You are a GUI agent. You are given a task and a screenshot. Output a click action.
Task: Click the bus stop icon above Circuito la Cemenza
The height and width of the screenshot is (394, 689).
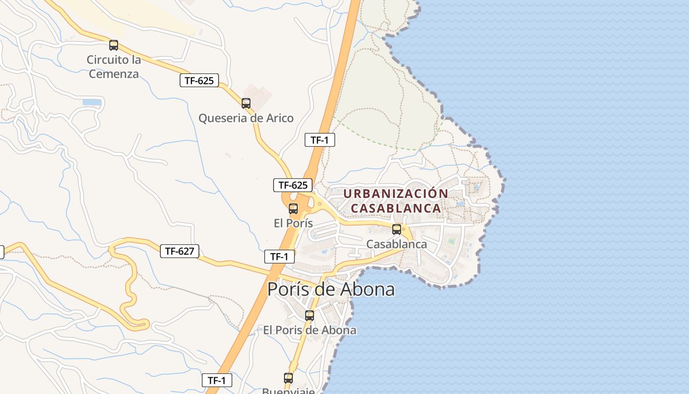pyautogui.click(x=114, y=46)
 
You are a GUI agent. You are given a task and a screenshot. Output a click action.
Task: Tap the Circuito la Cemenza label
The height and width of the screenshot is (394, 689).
pyautogui.click(x=114, y=67)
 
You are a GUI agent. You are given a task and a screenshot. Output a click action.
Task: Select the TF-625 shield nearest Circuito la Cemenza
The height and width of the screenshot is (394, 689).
pyautogui.click(x=199, y=81)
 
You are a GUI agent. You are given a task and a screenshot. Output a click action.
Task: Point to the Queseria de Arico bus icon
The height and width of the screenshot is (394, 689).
pyautogui.click(x=246, y=103)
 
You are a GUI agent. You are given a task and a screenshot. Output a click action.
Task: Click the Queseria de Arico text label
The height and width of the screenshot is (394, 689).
pyautogui.click(x=246, y=118)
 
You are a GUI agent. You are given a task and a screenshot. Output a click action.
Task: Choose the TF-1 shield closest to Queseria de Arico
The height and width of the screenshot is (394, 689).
pyautogui.click(x=320, y=140)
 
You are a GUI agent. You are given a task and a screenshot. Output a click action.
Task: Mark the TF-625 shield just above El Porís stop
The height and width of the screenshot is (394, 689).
pyautogui.click(x=293, y=185)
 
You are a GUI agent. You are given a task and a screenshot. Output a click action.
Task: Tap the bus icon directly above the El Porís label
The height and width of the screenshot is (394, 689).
pyautogui.click(x=293, y=209)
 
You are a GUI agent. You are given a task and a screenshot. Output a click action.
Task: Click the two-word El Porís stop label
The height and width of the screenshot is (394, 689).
pyautogui.click(x=293, y=223)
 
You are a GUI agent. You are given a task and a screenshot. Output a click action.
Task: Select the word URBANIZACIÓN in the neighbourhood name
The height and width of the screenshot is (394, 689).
pyautogui.click(x=396, y=194)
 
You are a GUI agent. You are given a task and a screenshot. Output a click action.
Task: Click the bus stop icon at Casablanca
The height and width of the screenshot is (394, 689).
pyautogui.click(x=397, y=229)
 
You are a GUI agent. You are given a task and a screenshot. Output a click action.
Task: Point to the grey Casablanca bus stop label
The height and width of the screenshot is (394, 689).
pyautogui.click(x=397, y=244)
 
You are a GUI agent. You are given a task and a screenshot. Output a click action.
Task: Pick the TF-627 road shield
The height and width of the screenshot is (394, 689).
pyautogui.click(x=180, y=251)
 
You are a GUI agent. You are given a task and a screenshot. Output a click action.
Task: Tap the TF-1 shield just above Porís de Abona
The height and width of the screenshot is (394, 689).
pyautogui.click(x=279, y=256)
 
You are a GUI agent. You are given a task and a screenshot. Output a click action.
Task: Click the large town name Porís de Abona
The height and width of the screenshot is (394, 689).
pyautogui.click(x=331, y=289)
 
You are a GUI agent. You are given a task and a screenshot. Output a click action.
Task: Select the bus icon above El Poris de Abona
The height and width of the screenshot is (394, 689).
pyautogui.click(x=310, y=316)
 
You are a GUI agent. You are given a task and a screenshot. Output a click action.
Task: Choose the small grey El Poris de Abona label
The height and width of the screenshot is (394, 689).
pyautogui.click(x=310, y=330)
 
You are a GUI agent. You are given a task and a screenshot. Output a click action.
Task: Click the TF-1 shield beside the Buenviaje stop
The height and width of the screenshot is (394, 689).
pyautogui.click(x=217, y=380)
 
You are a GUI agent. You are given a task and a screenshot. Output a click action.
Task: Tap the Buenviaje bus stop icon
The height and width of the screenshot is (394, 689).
pyautogui.click(x=288, y=378)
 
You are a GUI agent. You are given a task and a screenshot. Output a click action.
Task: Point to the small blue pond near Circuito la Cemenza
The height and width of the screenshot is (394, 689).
pyautogui.click(x=92, y=103)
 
